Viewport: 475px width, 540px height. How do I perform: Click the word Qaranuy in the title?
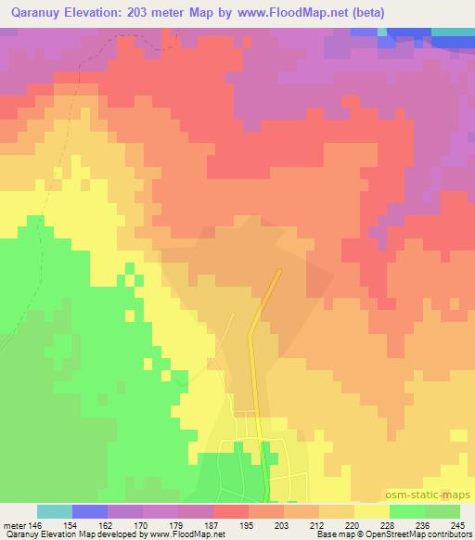tap(35, 13)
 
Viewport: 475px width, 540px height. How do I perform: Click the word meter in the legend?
tap(17, 525)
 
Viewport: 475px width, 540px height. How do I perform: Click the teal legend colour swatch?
tap(55, 511)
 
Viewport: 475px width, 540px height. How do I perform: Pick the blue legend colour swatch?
tap(90, 511)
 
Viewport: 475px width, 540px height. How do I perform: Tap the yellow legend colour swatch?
tap(371, 511)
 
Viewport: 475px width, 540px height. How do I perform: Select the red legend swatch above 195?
tap(231, 511)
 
